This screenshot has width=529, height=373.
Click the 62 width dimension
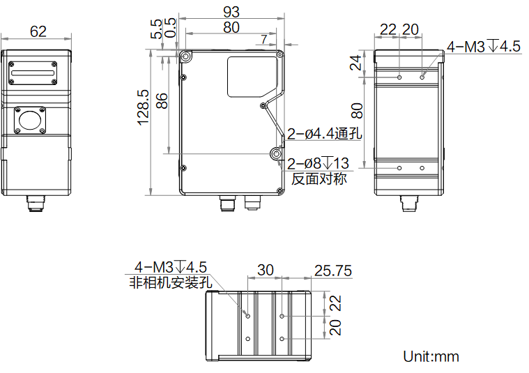click(x=38, y=31)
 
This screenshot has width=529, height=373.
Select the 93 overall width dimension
click(x=231, y=12)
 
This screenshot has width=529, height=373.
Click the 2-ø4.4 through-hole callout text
click(x=325, y=133)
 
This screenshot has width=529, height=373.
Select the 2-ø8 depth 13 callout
click(x=318, y=164)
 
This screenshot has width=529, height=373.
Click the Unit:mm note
click(x=431, y=356)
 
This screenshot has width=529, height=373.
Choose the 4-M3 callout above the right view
click(x=484, y=47)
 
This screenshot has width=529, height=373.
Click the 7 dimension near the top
click(x=263, y=38)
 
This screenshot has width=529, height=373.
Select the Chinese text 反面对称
click(x=319, y=179)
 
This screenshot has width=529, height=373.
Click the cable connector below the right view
click(x=409, y=203)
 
